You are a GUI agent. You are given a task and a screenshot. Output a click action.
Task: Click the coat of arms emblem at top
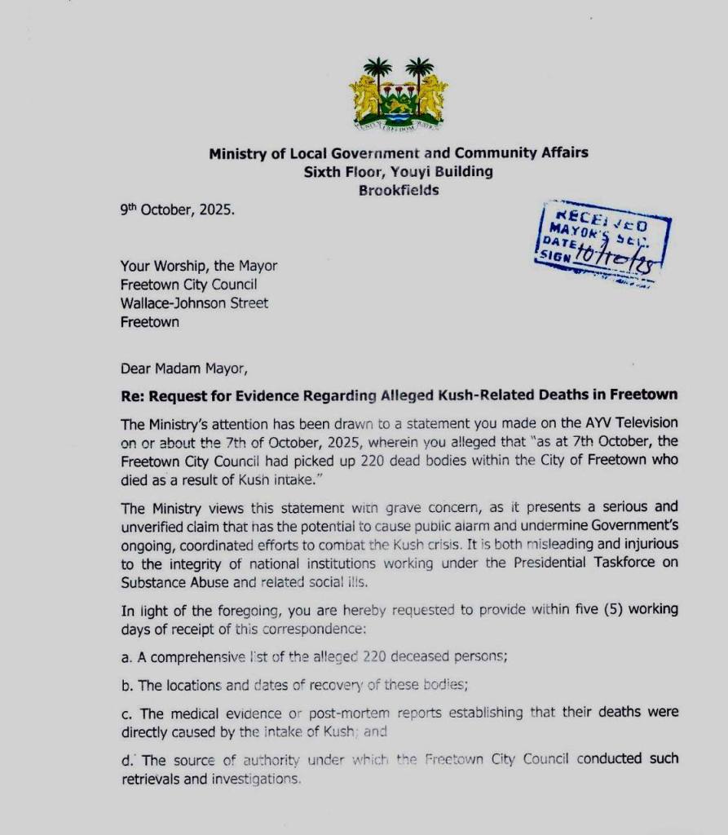(399, 94)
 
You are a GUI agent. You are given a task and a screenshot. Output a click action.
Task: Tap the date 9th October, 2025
(176, 209)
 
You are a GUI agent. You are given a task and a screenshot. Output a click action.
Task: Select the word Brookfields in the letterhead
(399, 190)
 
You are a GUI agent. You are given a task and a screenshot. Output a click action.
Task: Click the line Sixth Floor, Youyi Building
(398, 171)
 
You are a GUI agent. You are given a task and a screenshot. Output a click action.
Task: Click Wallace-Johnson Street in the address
(194, 303)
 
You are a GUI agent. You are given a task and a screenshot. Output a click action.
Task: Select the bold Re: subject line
(399, 395)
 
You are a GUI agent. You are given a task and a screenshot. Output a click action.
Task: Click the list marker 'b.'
(126, 685)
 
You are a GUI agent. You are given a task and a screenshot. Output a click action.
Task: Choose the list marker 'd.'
(126, 760)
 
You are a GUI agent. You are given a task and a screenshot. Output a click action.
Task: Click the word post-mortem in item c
(336, 713)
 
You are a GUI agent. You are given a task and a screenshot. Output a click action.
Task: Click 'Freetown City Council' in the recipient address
(188, 285)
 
